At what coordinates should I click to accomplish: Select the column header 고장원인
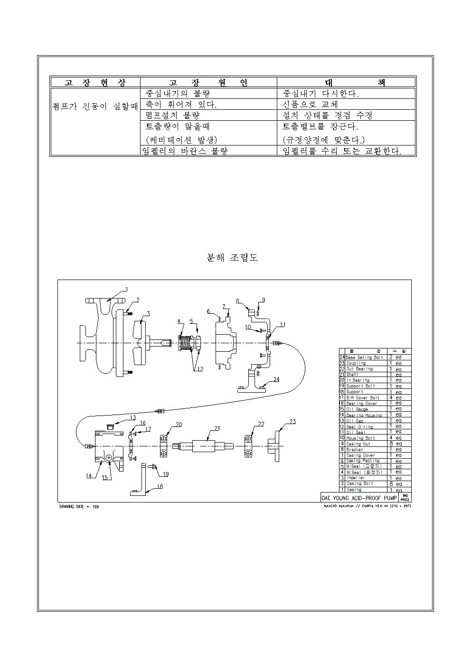(x=208, y=82)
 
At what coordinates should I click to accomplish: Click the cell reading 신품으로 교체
(x=310, y=104)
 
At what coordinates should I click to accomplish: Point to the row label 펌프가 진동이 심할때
(x=94, y=106)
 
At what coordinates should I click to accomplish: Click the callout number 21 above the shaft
(x=217, y=428)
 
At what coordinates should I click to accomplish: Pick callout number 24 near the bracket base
(x=276, y=379)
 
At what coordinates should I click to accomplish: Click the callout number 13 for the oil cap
(x=132, y=418)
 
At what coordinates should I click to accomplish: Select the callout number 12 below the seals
(x=199, y=369)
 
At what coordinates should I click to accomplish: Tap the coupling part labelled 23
(x=275, y=446)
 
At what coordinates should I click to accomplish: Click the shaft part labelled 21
(x=207, y=446)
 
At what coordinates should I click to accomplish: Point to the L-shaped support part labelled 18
(x=141, y=480)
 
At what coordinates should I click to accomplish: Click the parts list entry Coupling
(x=356, y=363)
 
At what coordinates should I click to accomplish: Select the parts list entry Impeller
(x=356, y=478)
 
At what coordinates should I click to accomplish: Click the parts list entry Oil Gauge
(x=357, y=409)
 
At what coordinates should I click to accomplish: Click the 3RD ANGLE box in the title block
(x=405, y=498)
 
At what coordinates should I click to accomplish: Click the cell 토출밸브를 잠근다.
(x=320, y=127)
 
